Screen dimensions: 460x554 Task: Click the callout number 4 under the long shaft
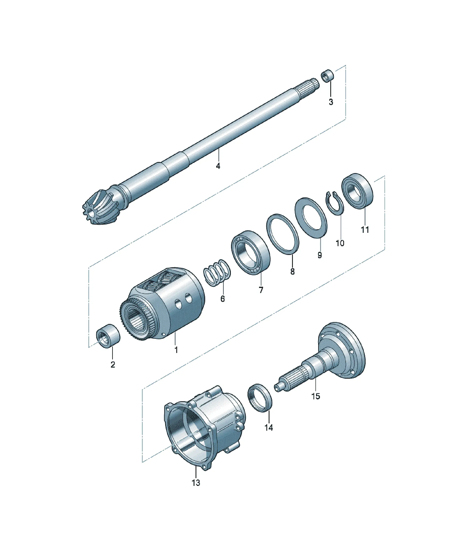[218, 166]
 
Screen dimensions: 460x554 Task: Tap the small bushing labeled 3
[328, 76]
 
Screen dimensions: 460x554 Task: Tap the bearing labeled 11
[358, 191]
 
